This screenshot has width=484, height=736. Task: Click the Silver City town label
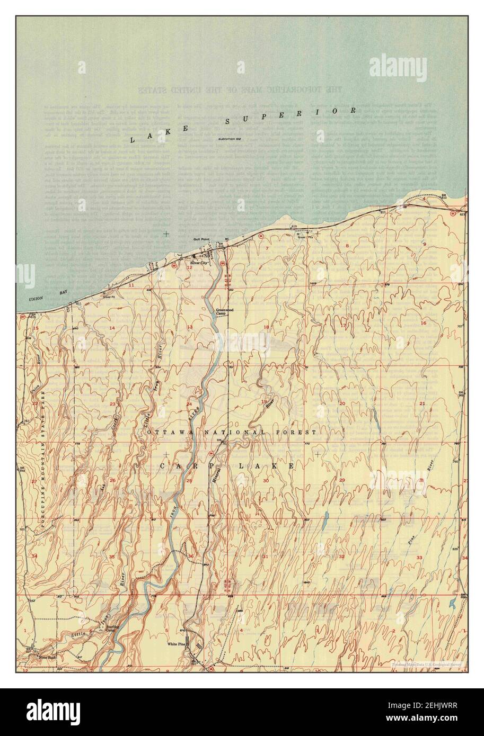(200, 263)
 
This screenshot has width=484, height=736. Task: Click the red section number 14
(111, 328)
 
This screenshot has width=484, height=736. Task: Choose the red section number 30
(266, 480)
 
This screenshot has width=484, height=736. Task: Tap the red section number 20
(342, 403)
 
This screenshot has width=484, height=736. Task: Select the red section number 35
(111, 557)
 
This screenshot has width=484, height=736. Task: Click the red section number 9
(425, 243)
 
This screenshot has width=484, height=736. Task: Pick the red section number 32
(342, 557)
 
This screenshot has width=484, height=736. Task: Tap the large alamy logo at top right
(398, 67)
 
